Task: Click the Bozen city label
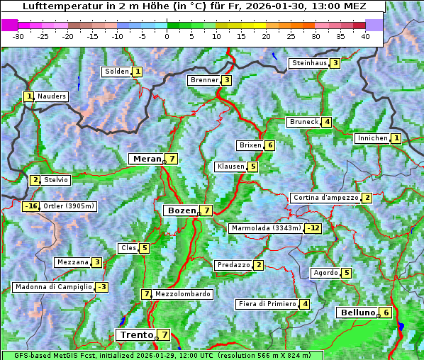tap(180, 210)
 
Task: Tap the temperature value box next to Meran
tap(172, 159)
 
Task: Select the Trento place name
tap(137, 334)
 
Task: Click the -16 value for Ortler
tap(30, 206)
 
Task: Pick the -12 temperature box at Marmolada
tap(313, 228)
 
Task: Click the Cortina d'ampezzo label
tap(325, 198)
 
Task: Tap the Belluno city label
tap(357, 313)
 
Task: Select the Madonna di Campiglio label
tap(52, 287)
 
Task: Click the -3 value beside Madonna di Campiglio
tap(102, 287)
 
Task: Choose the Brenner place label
tap(204, 80)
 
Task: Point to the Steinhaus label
tap(309, 63)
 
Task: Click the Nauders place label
tap(52, 96)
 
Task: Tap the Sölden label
tap(116, 72)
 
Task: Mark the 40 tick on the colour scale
tap(365, 35)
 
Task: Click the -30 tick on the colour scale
tap(18, 35)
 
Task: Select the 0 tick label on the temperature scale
tap(167, 35)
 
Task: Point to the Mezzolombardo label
tap(182, 294)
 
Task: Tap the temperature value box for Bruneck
tap(327, 122)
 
